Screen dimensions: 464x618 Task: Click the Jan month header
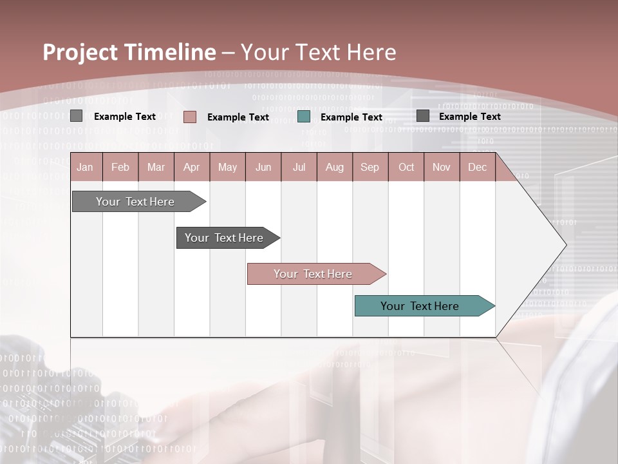[85, 167]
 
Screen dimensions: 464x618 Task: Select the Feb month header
[120, 167]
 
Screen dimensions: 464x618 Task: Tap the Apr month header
[191, 167]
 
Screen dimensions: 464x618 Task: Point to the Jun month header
[263, 167]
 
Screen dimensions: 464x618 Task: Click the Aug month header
[334, 167]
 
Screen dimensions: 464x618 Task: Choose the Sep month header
[370, 167]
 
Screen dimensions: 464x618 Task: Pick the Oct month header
[406, 167]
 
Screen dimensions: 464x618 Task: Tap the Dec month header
[477, 167]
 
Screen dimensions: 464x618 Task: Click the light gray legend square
[76, 116]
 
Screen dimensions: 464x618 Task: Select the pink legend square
[189, 117]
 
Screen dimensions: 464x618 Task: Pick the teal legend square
[304, 117]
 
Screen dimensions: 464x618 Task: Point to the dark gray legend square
[422, 116]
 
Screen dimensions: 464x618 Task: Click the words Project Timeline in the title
[129, 52]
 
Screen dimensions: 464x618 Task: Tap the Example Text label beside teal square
[351, 117]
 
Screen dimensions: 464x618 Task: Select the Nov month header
[441, 167]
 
